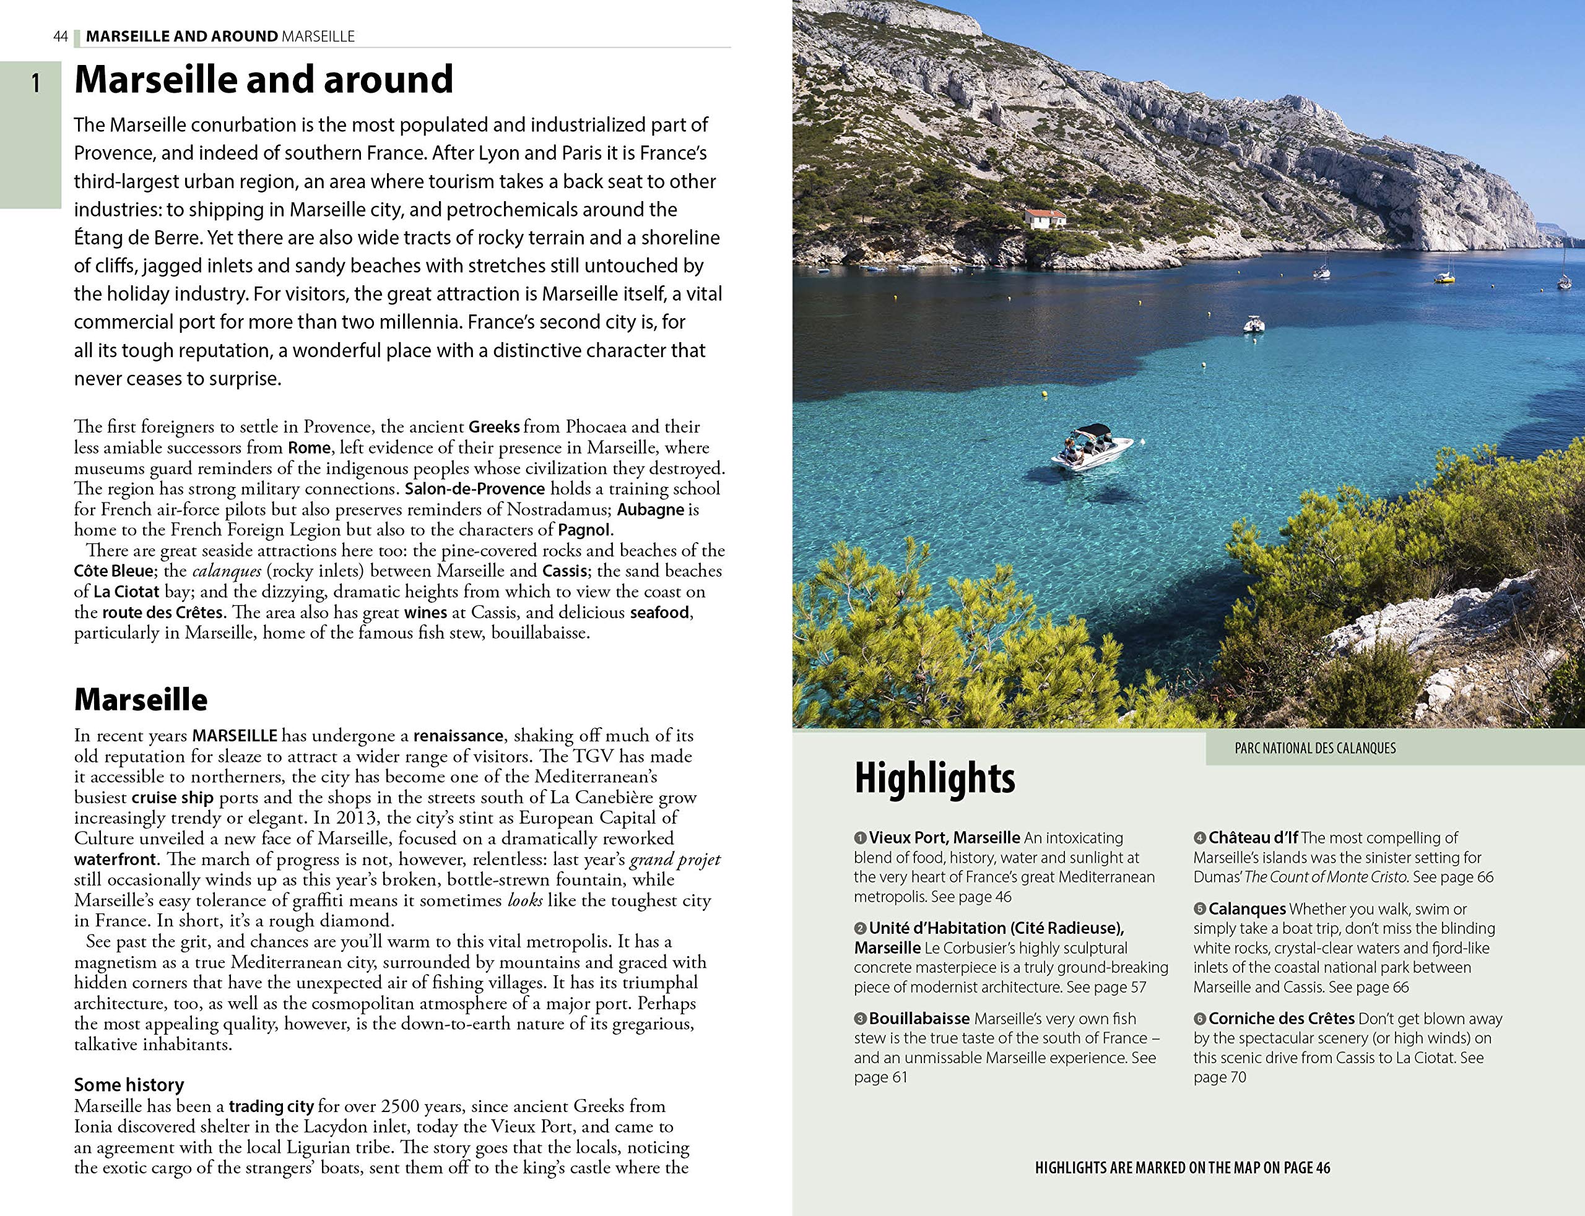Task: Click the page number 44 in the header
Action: (x=61, y=36)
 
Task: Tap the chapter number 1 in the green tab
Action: (x=35, y=85)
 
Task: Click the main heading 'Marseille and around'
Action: (x=264, y=80)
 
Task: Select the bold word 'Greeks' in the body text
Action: (x=494, y=426)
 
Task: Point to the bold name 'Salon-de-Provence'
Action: (x=475, y=489)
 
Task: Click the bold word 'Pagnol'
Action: (x=585, y=530)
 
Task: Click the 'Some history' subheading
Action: (x=129, y=1084)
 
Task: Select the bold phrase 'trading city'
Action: (x=271, y=1106)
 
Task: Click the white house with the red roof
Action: (x=1045, y=218)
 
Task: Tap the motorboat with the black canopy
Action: (x=1090, y=447)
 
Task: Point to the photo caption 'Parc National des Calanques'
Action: (x=1315, y=748)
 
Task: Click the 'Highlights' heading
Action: (x=935, y=778)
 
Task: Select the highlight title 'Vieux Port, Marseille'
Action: (x=944, y=837)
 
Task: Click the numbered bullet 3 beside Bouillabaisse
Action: (x=860, y=1019)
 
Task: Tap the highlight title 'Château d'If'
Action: (x=1253, y=837)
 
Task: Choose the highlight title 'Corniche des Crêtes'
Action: (x=1281, y=1019)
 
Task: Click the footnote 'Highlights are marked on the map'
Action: (x=1183, y=1168)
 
